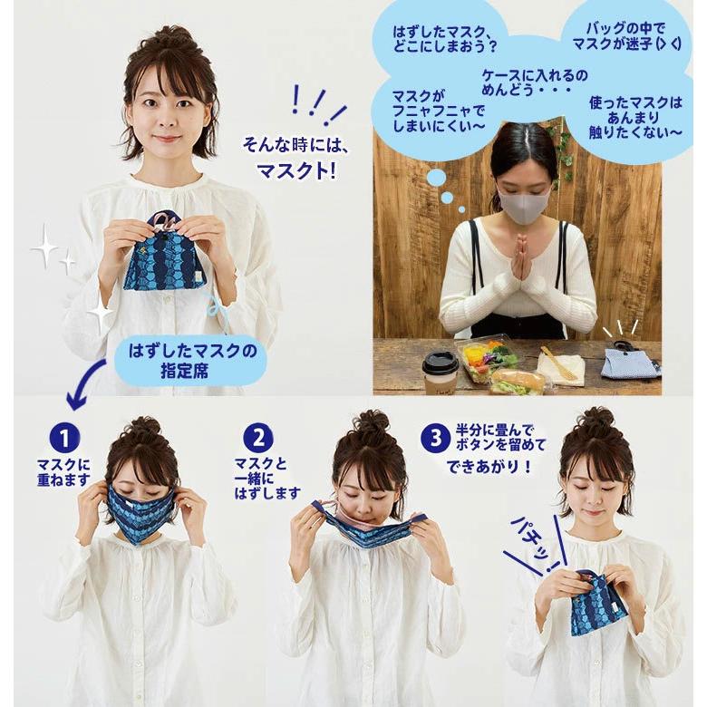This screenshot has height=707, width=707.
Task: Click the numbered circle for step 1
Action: [x=63, y=439]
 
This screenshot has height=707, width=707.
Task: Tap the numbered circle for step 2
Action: [x=258, y=439]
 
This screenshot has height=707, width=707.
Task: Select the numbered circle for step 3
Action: [x=435, y=439]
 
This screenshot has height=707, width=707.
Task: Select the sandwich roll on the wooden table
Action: [x=518, y=380]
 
